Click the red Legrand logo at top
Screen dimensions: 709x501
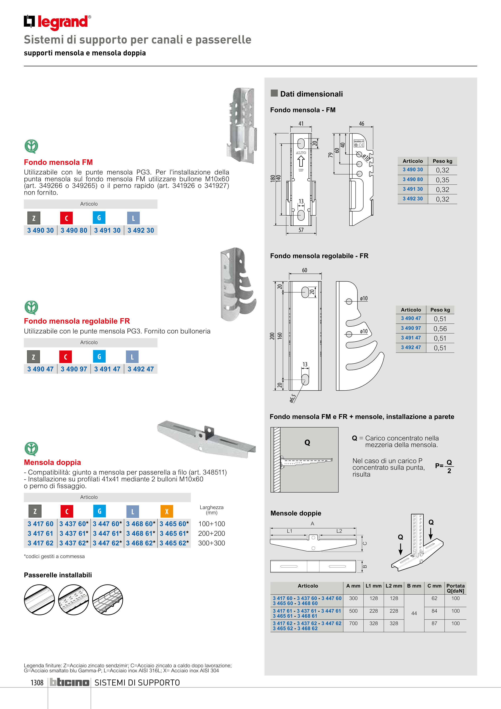pos(57,22)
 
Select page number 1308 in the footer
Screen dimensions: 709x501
pos(37,683)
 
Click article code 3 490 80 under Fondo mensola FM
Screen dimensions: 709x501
pos(74,230)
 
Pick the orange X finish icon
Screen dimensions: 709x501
pos(167,511)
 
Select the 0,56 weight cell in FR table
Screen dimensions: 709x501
pos(440,329)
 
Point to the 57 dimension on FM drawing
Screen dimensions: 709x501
pos(301,230)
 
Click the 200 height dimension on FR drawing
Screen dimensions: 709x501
pos(272,336)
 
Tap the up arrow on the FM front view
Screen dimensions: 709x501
pos(301,161)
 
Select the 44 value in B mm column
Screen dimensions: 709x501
pos(414,613)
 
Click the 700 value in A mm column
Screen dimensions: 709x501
pos(353,623)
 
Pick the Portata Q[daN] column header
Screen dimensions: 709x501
pos(455,588)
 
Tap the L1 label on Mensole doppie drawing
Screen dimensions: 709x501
pos(289,531)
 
